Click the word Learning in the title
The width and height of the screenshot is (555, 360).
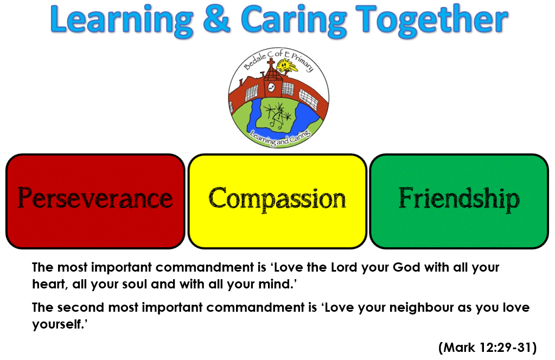(122, 21)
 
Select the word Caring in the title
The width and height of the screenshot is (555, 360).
(294, 21)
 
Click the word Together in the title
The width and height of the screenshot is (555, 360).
(432, 21)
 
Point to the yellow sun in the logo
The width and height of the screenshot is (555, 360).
(286, 66)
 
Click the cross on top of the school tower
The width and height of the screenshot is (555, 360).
(271, 63)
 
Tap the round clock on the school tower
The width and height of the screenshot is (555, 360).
(271, 87)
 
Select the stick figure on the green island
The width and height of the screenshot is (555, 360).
(278, 114)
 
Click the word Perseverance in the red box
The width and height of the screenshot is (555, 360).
(95, 198)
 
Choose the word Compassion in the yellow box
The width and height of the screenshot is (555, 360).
(277, 199)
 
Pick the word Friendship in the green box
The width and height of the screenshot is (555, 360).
(459, 199)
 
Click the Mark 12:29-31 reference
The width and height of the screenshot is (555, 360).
(487, 348)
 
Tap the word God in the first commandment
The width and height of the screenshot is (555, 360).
(406, 267)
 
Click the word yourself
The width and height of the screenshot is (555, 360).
(58, 324)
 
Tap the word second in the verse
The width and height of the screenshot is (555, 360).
(80, 307)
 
